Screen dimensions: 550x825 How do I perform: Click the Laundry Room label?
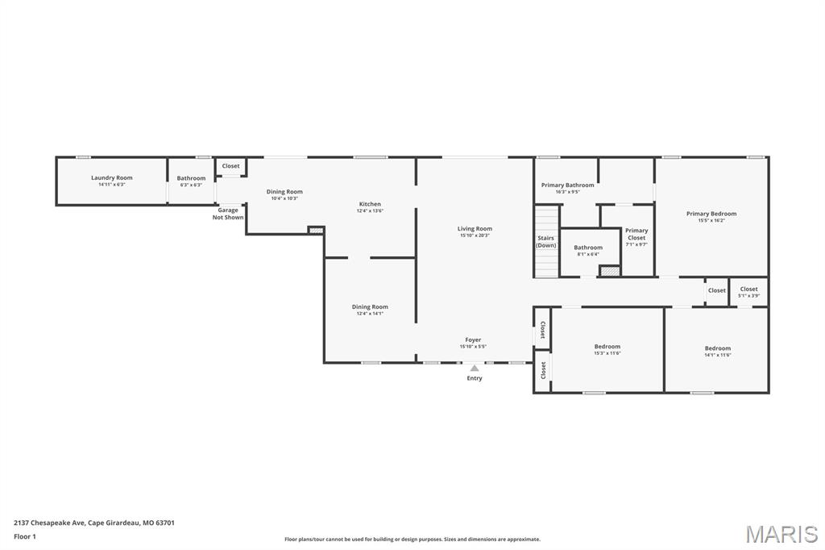tap(111, 177)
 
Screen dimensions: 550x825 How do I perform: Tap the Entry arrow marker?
tap(475, 369)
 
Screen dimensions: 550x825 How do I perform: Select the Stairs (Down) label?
tap(546, 242)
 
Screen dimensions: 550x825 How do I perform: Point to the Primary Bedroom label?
tap(711, 214)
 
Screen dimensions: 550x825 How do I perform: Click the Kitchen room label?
tap(370, 204)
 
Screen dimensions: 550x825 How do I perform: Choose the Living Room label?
tap(475, 228)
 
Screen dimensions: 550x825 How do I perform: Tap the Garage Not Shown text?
tap(228, 214)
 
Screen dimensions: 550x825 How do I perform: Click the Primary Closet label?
tap(636, 234)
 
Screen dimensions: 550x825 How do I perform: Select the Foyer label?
tap(473, 340)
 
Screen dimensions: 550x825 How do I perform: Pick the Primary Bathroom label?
tap(568, 185)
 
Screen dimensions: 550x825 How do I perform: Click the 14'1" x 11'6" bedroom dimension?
tap(717, 355)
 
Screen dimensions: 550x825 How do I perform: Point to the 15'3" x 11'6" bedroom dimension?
tap(607, 352)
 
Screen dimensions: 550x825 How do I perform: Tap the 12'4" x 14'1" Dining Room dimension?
tap(370, 313)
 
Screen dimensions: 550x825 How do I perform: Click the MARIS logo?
tap(781, 534)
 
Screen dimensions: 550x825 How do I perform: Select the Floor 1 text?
tap(25, 536)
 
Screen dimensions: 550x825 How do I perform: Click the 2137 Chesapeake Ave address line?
tap(94, 523)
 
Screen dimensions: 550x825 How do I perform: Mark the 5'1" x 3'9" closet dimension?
tap(748, 295)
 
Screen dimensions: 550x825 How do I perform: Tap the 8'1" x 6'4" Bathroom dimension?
tap(588, 254)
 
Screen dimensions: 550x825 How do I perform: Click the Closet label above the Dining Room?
tap(231, 166)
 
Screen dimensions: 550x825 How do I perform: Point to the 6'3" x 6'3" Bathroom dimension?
tap(191, 185)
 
